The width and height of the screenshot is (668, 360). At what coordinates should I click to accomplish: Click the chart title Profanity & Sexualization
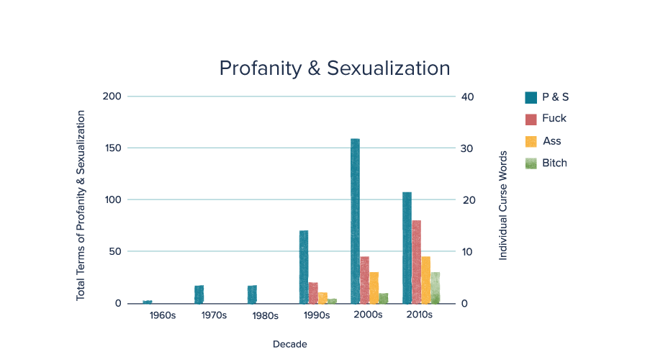click(x=334, y=68)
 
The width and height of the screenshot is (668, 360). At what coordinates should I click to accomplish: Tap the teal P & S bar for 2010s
click(x=407, y=247)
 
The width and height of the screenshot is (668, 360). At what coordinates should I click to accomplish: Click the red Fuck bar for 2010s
click(x=416, y=261)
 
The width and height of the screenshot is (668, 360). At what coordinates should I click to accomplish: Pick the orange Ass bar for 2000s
click(x=374, y=287)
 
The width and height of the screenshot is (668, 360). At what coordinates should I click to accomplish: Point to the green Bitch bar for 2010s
click(x=435, y=287)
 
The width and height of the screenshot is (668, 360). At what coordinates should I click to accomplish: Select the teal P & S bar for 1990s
click(x=304, y=266)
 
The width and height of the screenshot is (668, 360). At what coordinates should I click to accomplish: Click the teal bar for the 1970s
click(x=199, y=294)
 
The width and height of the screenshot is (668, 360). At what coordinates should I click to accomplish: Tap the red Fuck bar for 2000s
click(x=364, y=279)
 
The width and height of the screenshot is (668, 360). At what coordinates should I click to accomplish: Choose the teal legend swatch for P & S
click(x=531, y=96)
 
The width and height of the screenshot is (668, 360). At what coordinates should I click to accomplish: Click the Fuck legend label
click(x=554, y=119)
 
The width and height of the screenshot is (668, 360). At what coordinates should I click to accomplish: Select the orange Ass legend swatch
click(x=531, y=141)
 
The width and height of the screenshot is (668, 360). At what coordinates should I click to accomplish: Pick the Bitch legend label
click(x=554, y=163)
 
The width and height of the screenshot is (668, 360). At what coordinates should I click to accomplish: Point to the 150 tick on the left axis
click(x=113, y=148)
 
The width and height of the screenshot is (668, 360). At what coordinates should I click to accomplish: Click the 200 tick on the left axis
click(x=113, y=96)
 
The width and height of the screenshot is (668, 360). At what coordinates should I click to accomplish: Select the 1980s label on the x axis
click(x=266, y=315)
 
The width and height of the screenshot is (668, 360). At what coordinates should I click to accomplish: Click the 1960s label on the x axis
click(x=163, y=315)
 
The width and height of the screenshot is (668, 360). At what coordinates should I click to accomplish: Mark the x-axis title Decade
click(x=290, y=345)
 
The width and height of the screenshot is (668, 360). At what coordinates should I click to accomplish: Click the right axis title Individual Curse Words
click(x=503, y=204)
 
